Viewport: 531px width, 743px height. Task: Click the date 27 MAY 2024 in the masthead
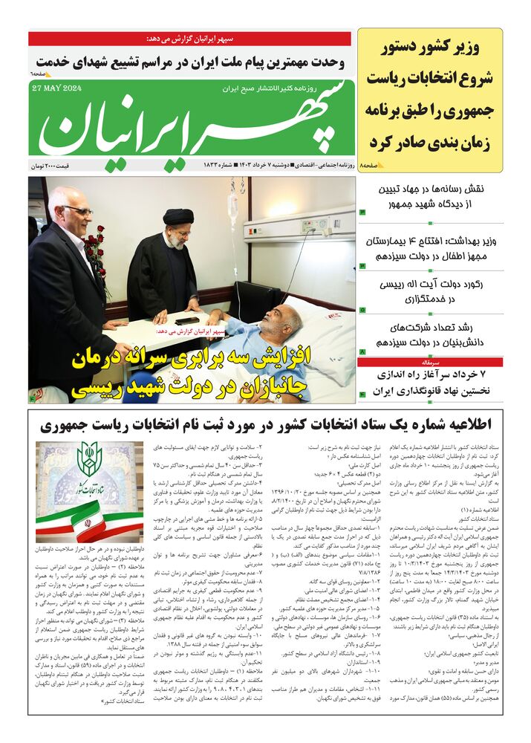click(x=56, y=88)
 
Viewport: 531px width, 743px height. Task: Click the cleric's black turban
click(x=178, y=216)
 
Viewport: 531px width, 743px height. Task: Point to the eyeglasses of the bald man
click(x=77, y=211)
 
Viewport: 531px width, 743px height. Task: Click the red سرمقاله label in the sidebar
click(x=379, y=362)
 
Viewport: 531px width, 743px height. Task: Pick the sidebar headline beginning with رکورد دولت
click(x=431, y=292)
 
